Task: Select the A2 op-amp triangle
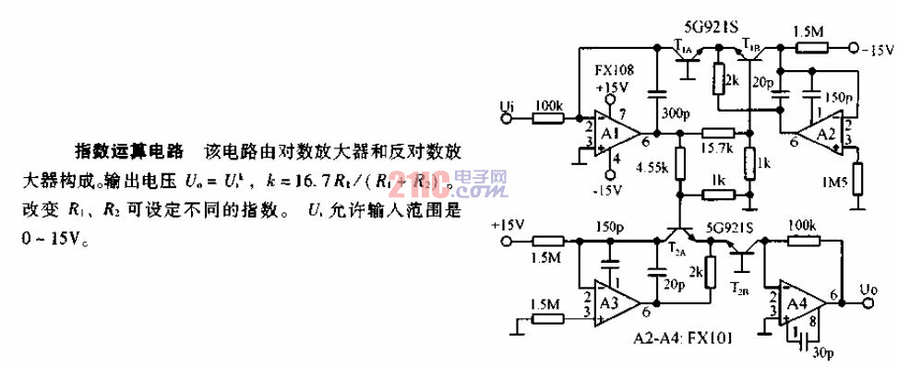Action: [820, 134]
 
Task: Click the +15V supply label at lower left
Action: [509, 225]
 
